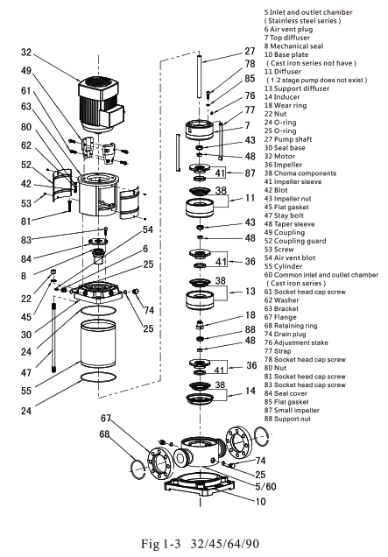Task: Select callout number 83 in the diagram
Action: pyautogui.click(x=28, y=240)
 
